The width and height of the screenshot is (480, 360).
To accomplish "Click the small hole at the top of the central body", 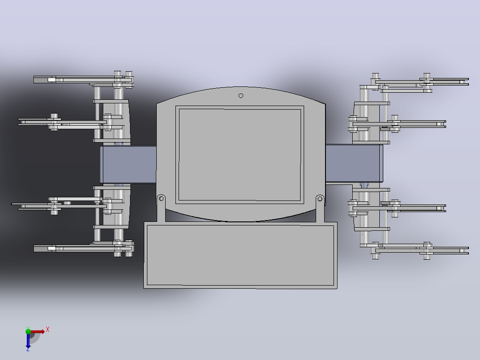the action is click(x=241, y=96).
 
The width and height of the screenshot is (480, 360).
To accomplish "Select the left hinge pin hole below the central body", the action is click(x=161, y=199).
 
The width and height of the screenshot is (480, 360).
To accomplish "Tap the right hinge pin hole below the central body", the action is click(x=320, y=199).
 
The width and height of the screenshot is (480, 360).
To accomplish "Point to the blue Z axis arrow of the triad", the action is click(x=28, y=340).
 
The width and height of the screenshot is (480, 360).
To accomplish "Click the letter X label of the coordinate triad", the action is click(x=48, y=330).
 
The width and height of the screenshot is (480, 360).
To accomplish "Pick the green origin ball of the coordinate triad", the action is click(x=28, y=331).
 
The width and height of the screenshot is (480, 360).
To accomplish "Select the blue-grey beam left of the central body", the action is click(x=128, y=164).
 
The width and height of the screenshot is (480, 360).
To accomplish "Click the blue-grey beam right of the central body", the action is click(x=354, y=164).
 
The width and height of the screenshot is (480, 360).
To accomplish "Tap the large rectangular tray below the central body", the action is click(x=240, y=255).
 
